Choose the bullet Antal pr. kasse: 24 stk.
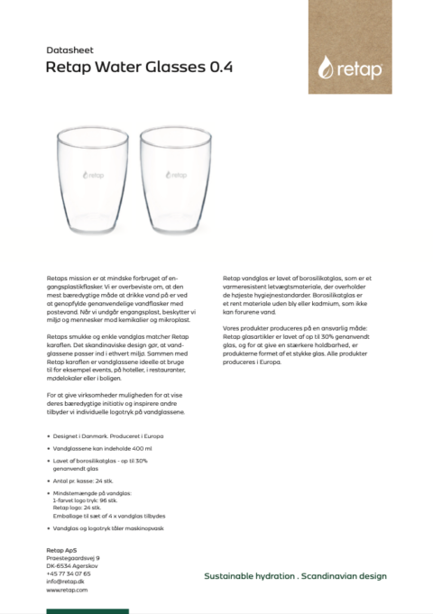pos(89,481)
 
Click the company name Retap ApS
pos(61,550)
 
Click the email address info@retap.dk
pos(66,582)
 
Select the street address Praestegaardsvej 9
pos(72,558)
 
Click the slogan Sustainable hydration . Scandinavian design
pos(295,575)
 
